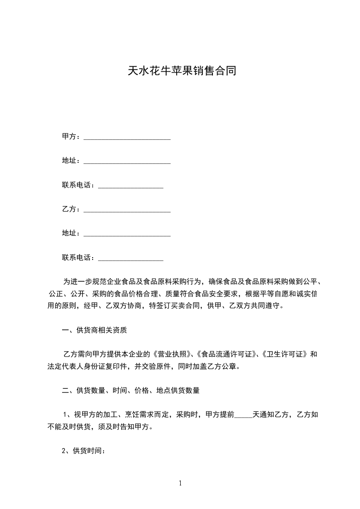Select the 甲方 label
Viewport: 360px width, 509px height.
[69, 137]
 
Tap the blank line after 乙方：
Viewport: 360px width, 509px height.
[127, 210]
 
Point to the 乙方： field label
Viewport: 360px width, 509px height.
[71, 209]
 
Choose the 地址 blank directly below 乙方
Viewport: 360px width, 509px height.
[127, 235]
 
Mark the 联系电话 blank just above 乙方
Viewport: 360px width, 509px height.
[131, 186]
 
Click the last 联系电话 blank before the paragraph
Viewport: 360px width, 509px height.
[131, 259]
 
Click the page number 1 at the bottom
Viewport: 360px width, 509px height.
[180, 483]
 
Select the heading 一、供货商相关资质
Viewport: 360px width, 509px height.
[94, 330]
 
